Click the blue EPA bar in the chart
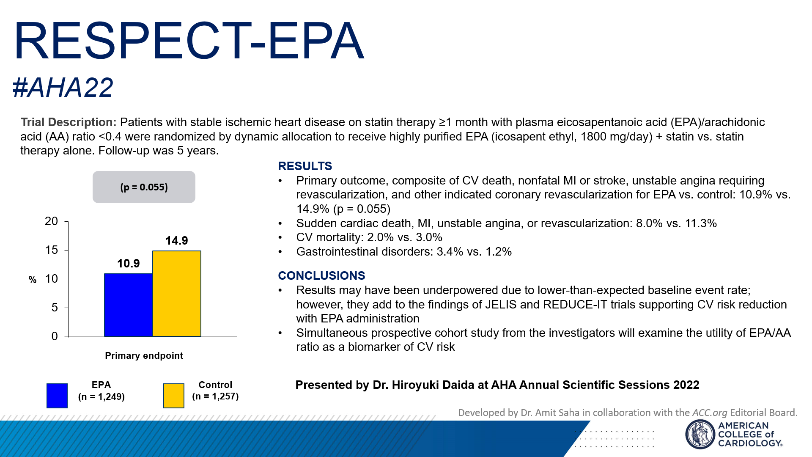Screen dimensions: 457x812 pyautogui.click(x=128, y=305)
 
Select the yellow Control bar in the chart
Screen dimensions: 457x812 pyautogui.click(x=177, y=293)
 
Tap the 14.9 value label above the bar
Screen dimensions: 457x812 pyautogui.click(x=177, y=241)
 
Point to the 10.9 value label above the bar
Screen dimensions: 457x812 pyautogui.click(x=128, y=264)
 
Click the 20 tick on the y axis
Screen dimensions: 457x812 pyautogui.click(x=51, y=221)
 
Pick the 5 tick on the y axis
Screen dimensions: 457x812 pyautogui.click(x=55, y=308)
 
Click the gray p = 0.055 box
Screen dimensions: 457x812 pyautogui.click(x=144, y=187)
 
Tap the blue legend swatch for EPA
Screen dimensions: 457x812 pyautogui.click(x=57, y=396)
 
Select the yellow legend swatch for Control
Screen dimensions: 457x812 pyautogui.click(x=174, y=396)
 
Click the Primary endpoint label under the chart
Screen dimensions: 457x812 pyautogui.click(x=144, y=355)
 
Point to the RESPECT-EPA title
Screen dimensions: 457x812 pyautogui.click(x=189, y=41)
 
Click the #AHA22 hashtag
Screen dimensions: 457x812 pyautogui.click(x=63, y=88)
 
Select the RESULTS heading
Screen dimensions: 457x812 pyautogui.click(x=305, y=166)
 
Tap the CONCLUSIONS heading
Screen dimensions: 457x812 pyautogui.click(x=321, y=276)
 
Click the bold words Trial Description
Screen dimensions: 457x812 pyautogui.click(x=68, y=122)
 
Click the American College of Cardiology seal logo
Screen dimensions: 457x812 pyautogui.click(x=700, y=434)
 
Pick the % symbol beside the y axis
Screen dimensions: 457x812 pyautogui.click(x=33, y=280)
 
